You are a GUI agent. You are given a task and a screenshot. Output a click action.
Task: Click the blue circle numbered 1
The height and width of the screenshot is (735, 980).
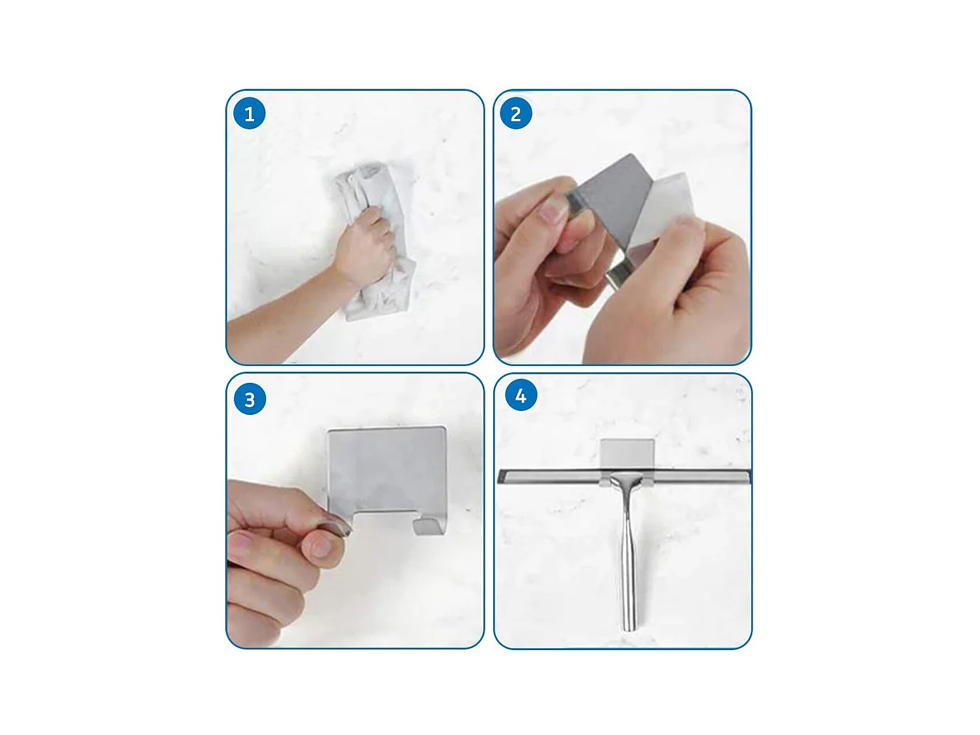249,113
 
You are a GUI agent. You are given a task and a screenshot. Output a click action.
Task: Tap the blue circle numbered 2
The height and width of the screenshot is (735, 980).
515,113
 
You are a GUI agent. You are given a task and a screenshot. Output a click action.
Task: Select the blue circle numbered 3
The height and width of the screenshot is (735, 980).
250,399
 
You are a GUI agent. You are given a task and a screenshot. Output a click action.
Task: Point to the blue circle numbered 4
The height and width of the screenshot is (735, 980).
521,395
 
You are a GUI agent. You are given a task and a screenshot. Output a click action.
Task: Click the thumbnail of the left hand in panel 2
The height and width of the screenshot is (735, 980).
552,212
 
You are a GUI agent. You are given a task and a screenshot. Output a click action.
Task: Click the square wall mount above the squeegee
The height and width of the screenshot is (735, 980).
627,455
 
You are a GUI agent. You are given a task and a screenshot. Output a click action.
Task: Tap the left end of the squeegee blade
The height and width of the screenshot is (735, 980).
499,476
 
